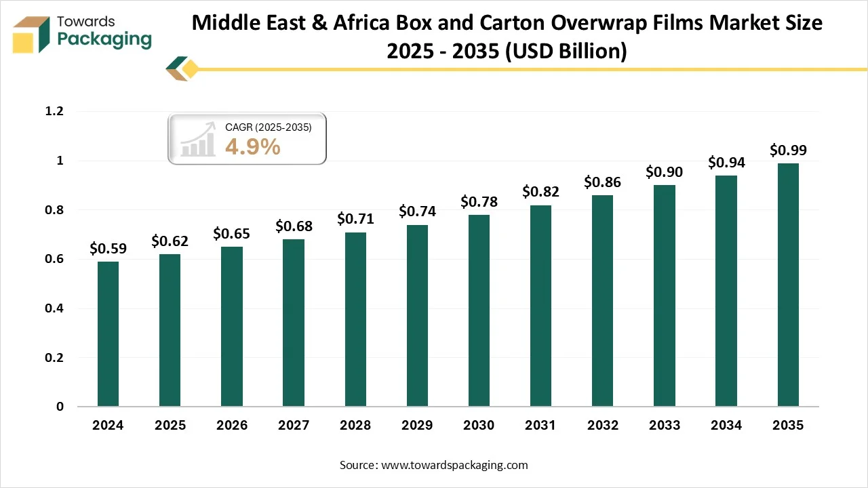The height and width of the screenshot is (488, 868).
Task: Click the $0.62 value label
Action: (170, 241)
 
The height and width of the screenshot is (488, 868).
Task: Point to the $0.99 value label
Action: (788, 150)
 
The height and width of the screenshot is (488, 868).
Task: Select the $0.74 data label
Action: (417, 211)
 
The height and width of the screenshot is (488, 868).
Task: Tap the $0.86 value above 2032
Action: (602, 182)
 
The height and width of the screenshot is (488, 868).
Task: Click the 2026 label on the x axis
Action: (231, 426)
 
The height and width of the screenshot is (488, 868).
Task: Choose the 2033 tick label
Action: (664, 426)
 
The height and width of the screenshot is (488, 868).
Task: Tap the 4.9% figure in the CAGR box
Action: (252, 146)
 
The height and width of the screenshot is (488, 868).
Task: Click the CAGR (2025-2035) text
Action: (268, 127)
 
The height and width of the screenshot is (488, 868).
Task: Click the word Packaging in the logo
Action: (104, 39)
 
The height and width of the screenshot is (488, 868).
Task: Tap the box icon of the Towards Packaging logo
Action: (33, 35)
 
